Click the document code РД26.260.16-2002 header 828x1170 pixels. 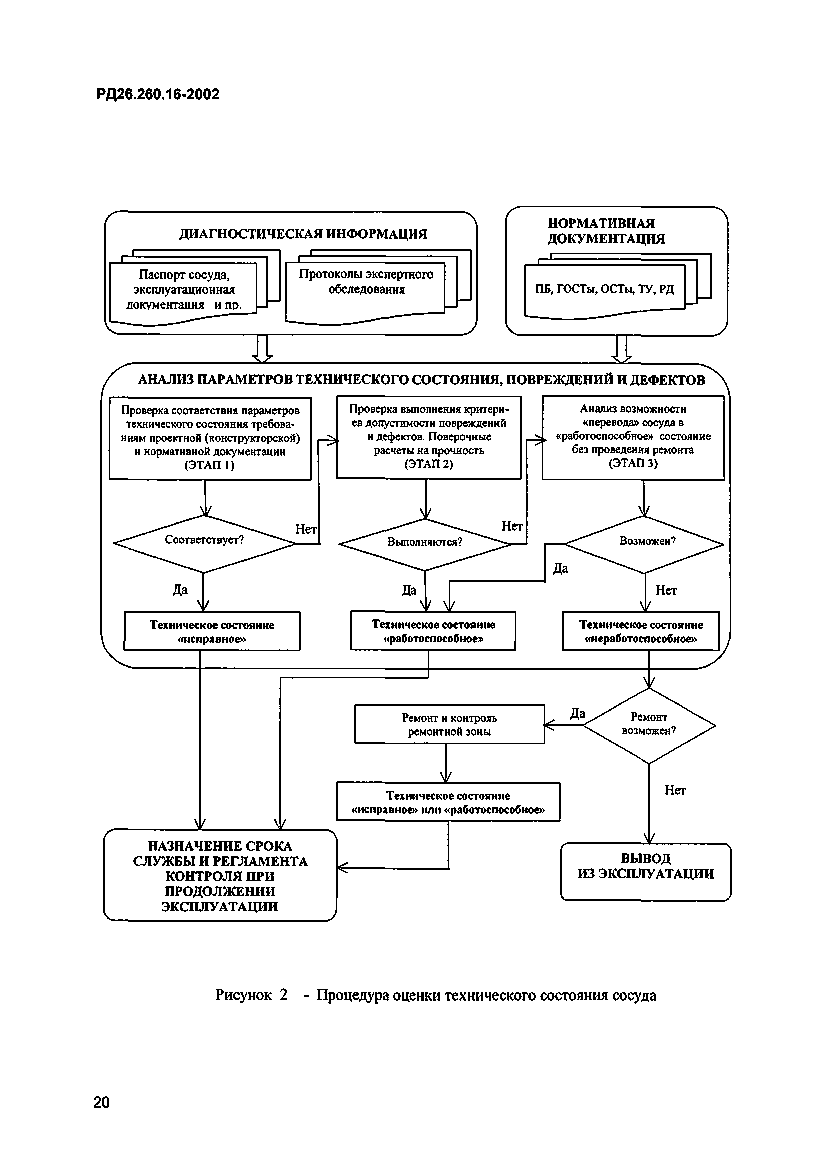pos(158,94)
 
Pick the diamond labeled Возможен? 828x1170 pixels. pos(644,544)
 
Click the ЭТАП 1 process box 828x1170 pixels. pos(210,438)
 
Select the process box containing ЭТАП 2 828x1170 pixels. pos(429,437)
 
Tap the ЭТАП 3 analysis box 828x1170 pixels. pos(633,437)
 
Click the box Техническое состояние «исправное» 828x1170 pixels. pos(212,631)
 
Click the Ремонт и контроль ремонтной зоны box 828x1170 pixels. pos(449,724)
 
